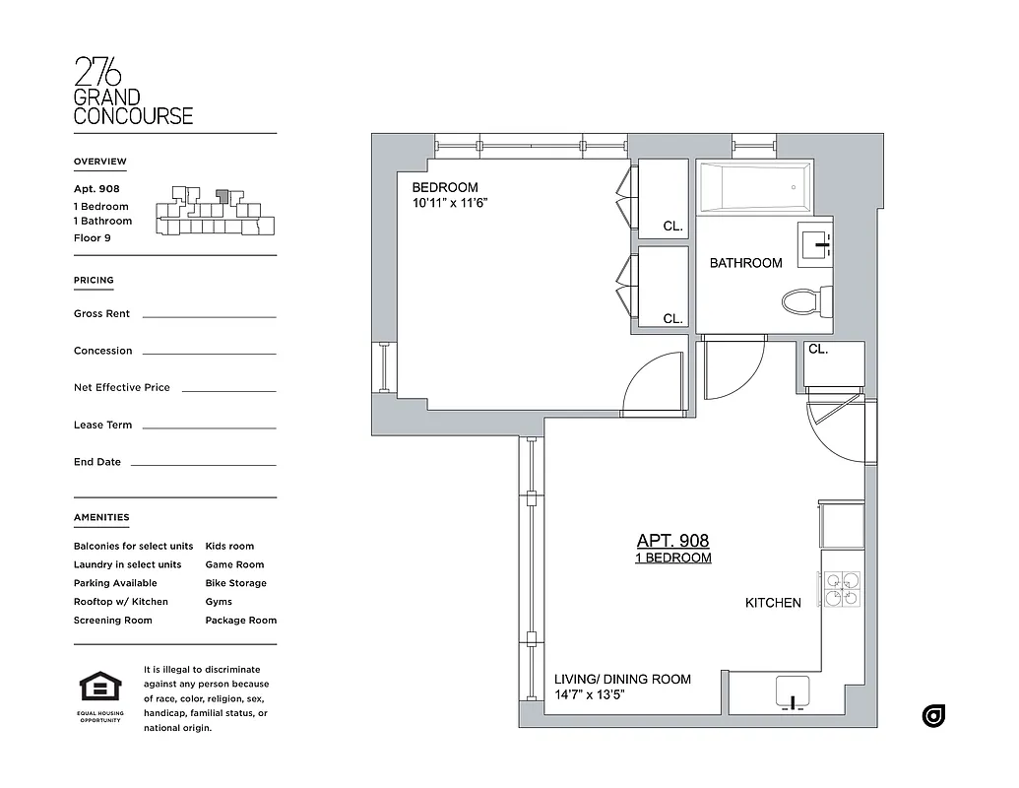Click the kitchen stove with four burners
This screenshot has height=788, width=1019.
(x=842, y=589)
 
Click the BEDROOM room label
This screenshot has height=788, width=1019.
(x=445, y=187)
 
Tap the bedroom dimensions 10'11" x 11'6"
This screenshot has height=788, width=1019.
(x=450, y=204)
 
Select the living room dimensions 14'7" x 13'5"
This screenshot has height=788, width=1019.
(x=590, y=694)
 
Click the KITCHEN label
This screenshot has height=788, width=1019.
(x=773, y=603)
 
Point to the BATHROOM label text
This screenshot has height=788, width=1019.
(x=746, y=263)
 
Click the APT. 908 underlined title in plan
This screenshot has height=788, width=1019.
(x=672, y=541)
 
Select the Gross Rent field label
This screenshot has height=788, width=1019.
(x=101, y=314)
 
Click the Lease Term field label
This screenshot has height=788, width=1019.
(x=102, y=426)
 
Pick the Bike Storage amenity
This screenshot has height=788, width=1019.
(x=235, y=583)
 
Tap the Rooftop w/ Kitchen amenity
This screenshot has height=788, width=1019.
(x=120, y=602)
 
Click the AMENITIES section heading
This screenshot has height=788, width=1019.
(x=100, y=517)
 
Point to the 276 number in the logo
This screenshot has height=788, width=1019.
(x=98, y=72)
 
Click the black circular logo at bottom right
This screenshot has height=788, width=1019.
(x=933, y=716)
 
